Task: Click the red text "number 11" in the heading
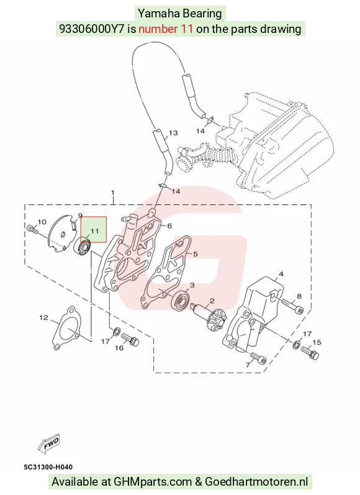click(x=166, y=29)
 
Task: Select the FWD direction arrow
click(x=49, y=443)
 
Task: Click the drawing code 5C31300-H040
click(x=48, y=467)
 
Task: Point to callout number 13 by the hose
click(x=173, y=133)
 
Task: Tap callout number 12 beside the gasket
click(x=44, y=317)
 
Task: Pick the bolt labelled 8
click(x=292, y=306)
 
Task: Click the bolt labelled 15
click(x=310, y=352)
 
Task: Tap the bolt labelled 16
click(x=130, y=338)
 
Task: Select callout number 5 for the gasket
click(x=196, y=254)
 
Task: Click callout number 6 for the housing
click(x=169, y=225)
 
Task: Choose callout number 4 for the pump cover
click(x=281, y=274)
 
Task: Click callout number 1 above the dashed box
click(x=112, y=193)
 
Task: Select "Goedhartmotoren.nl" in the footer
click(x=256, y=482)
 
